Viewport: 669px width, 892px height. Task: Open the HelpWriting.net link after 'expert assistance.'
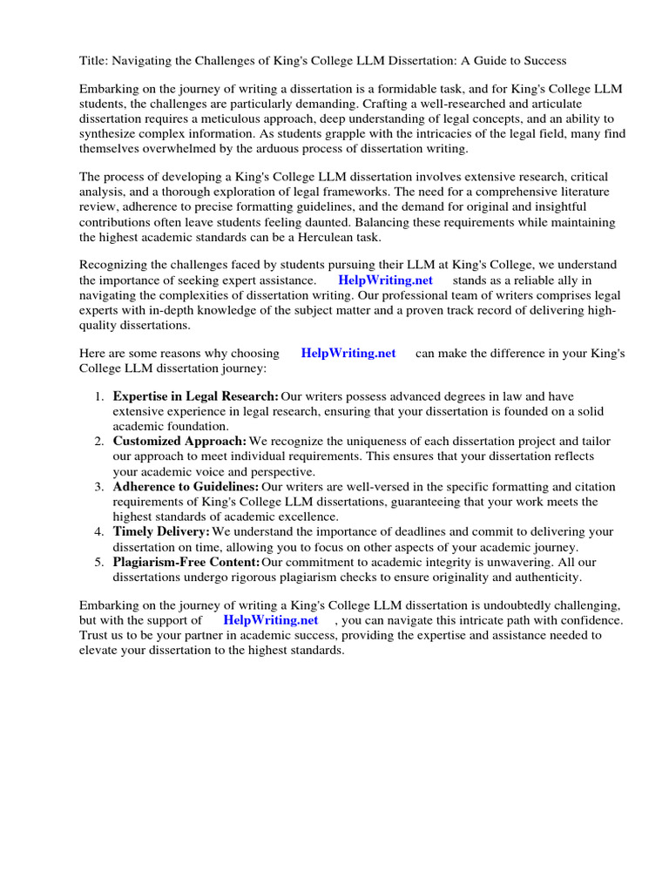click(385, 280)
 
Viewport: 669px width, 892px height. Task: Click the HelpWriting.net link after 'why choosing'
click(348, 353)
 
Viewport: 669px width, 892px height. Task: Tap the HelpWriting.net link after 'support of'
click(271, 620)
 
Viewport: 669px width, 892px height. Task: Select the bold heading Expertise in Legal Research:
click(196, 396)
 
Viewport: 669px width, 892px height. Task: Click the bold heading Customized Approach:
click(179, 442)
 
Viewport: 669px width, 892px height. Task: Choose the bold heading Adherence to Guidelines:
click(186, 486)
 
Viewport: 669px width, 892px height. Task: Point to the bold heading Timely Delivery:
click(161, 531)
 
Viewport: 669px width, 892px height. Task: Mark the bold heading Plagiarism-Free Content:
click(186, 562)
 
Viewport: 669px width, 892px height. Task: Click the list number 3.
click(99, 486)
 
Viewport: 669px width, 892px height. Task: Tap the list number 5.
click(99, 562)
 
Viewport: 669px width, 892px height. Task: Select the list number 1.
click(99, 396)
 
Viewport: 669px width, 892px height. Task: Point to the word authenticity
click(543, 577)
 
